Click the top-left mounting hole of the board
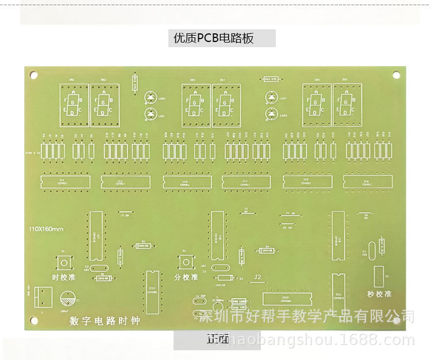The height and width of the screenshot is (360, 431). [x=34, y=75]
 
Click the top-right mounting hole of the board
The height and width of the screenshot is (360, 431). [x=396, y=75]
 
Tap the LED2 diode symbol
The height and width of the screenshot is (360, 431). [x=151, y=98]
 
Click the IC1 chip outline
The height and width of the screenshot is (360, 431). [x=65, y=182]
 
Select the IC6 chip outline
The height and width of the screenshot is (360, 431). [x=368, y=182]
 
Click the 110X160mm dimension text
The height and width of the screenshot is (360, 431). [x=46, y=229]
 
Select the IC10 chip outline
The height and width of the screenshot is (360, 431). [x=287, y=299]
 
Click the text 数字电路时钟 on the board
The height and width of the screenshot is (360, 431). [x=104, y=320]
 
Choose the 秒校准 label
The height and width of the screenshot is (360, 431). [x=379, y=293]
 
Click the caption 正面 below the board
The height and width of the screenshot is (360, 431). [x=217, y=339]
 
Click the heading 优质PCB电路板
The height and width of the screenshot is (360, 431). [x=213, y=39]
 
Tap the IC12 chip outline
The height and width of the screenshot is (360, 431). [x=152, y=292]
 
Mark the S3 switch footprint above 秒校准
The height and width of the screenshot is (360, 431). [x=379, y=276]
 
